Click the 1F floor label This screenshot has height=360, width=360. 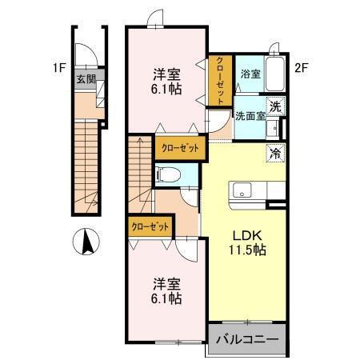pyautogui.click(x=59, y=69)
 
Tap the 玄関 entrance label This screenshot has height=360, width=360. pyautogui.click(x=86, y=79)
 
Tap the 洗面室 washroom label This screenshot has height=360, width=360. pyautogui.click(x=250, y=114)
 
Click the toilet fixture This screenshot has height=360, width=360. pyautogui.click(x=167, y=175)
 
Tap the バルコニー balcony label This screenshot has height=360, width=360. pyautogui.click(x=250, y=340)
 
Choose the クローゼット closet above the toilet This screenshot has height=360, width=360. pyautogui.click(x=179, y=148)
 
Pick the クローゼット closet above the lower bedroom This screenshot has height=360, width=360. pyautogui.click(x=150, y=226)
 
